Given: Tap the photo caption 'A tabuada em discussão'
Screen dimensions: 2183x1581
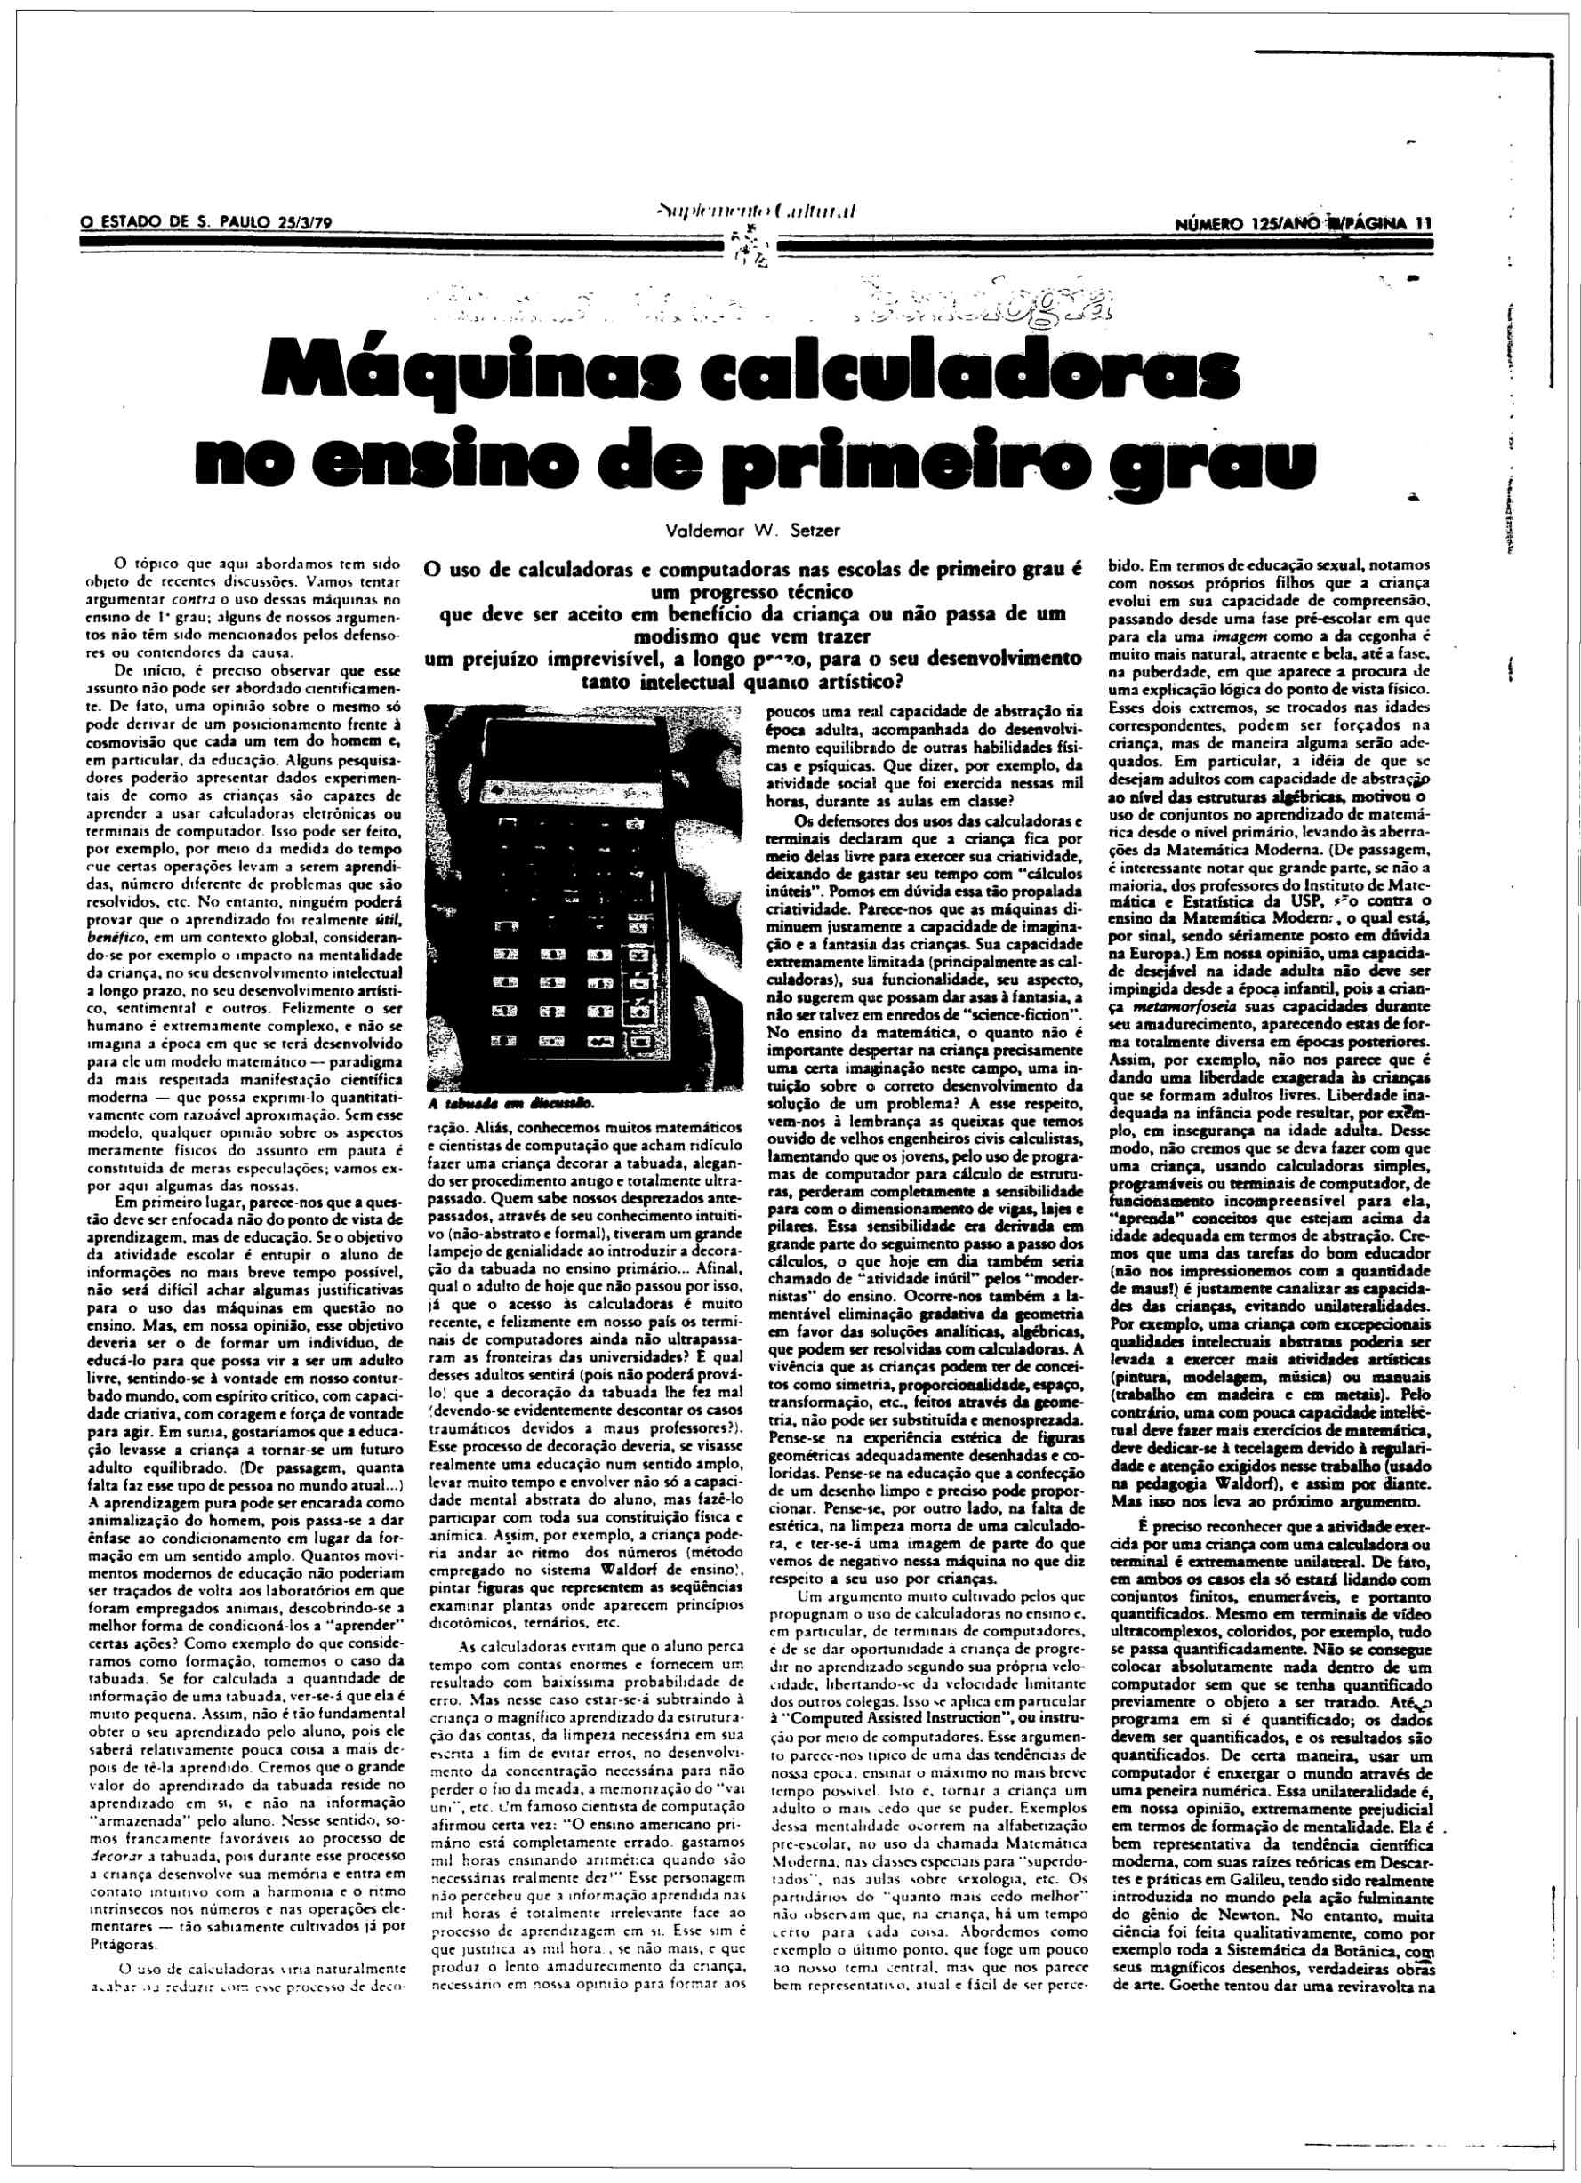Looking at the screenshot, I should point(511,1102).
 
